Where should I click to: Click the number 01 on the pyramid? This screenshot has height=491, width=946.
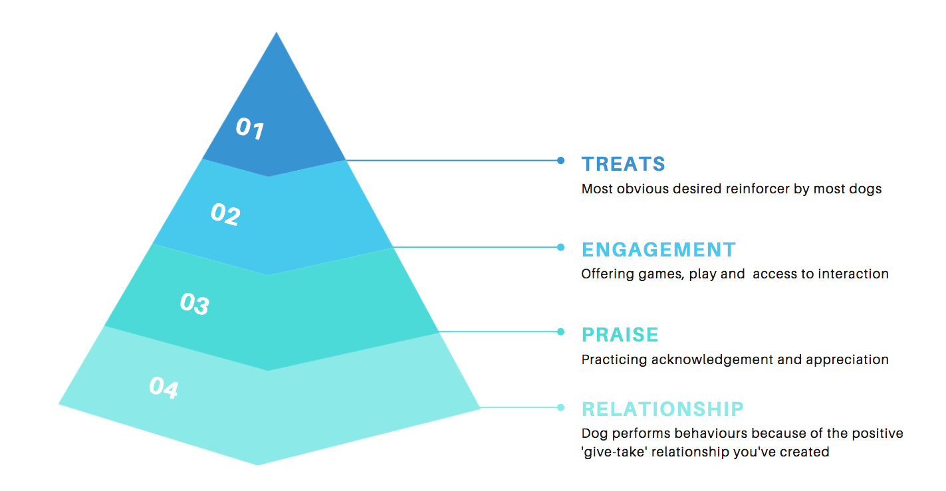(x=250, y=128)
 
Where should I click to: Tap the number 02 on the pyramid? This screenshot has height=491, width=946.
(x=225, y=214)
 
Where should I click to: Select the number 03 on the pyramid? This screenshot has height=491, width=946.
(x=194, y=304)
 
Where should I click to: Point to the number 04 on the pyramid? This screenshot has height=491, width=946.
(x=164, y=387)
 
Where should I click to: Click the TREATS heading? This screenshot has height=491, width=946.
(x=623, y=164)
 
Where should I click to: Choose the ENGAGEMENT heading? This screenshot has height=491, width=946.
(x=658, y=250)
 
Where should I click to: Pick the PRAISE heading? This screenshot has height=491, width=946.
(x=620, y=334)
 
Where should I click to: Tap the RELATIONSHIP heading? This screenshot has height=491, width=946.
(x=662, y=408)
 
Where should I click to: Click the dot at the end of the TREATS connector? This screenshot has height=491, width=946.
(x=561, y=160)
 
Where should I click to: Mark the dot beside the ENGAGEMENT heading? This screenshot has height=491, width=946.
(x=561, y=247)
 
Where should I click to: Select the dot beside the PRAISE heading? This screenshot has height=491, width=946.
(x=561, y=332)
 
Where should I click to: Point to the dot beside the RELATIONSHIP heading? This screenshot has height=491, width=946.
(x=561, y=407)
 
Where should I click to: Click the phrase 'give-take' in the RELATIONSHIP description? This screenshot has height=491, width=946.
(x=612, y=452)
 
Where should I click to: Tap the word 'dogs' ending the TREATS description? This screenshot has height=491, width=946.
(x=866, y=189)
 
